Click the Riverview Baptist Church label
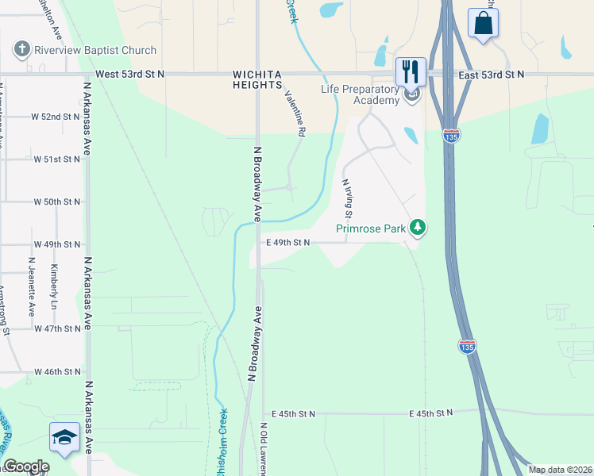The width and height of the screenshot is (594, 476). point(95,50)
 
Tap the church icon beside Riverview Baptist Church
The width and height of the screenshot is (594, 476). point(21,50)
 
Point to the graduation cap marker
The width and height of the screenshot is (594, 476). point(65,438)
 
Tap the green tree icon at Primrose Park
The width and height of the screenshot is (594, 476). point(418,228)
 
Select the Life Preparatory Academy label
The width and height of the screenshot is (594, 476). point(360,94)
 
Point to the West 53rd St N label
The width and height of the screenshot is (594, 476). point(129,74)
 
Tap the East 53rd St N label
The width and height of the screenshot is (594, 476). point(492,74)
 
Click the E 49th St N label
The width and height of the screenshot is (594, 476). point(287,243)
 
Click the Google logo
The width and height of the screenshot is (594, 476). point(26,467)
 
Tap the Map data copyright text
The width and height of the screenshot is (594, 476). point(559,470)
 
